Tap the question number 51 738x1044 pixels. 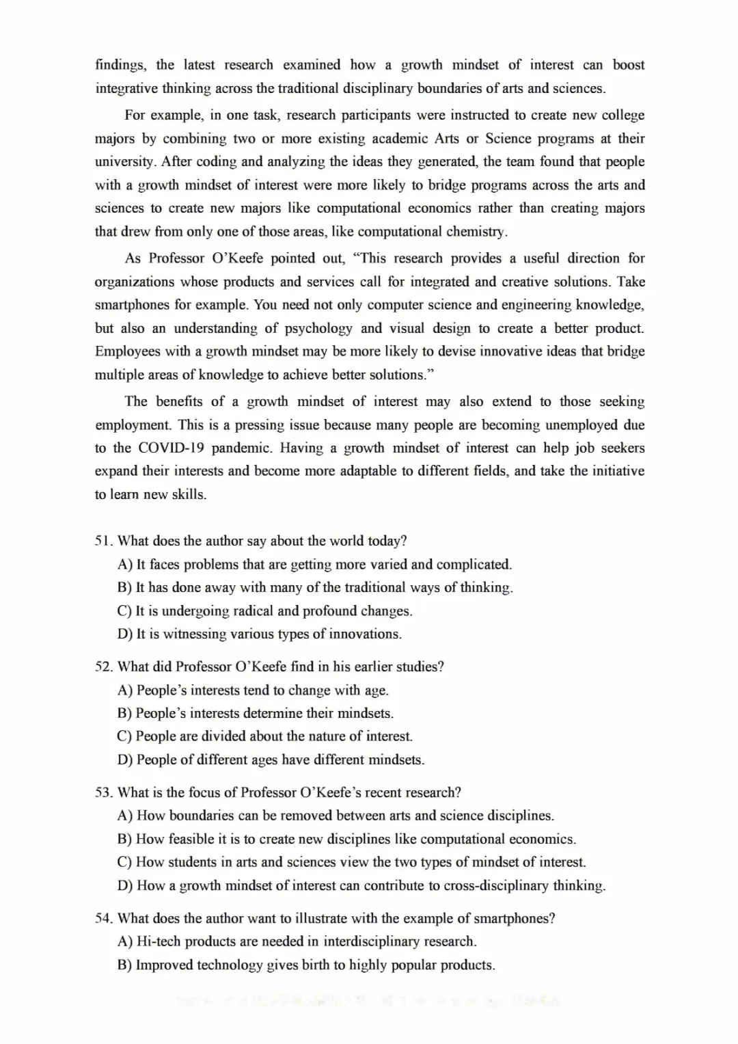coord(103,541)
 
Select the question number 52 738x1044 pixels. coord(103,667)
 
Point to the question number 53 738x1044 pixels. coord(103,792)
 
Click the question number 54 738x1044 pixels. coord(103,918)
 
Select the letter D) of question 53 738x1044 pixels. coord(125,885)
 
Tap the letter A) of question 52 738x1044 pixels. coord(125,690)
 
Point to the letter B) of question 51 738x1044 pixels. coord(125,587)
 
